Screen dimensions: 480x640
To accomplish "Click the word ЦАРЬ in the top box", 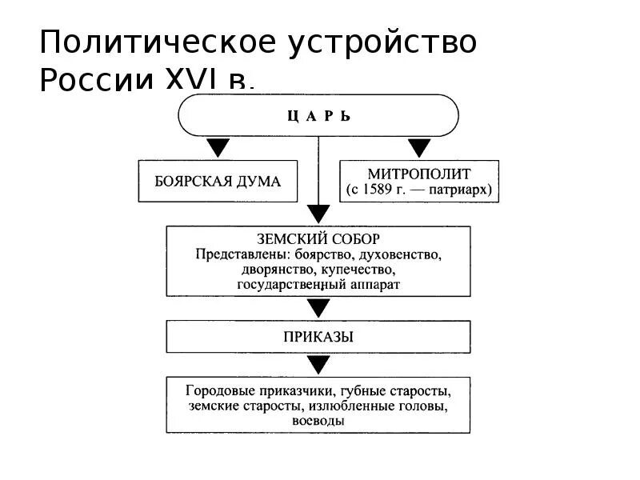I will tap(318, 116).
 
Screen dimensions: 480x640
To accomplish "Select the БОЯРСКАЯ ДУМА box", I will tap(218, 181).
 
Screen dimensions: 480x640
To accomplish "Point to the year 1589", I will tap(384, 190).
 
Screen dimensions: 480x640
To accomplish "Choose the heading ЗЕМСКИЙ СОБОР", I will tap(318, 239).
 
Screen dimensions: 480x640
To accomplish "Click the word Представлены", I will tap(233, 254).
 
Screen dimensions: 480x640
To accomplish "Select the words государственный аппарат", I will tap(318, 284).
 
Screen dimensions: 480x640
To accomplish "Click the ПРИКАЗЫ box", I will tap(318, 337).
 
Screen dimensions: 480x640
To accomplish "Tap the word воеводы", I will tap(318, 421).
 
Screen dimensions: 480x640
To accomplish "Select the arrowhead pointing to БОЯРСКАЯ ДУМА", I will tap(218, 148).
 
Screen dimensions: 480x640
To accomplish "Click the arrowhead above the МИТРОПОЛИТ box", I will tap(419, 148).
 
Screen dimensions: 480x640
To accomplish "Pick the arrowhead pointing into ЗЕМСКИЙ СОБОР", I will tap(318, 214).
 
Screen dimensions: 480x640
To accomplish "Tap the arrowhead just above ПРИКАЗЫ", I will tap(318, 308).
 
